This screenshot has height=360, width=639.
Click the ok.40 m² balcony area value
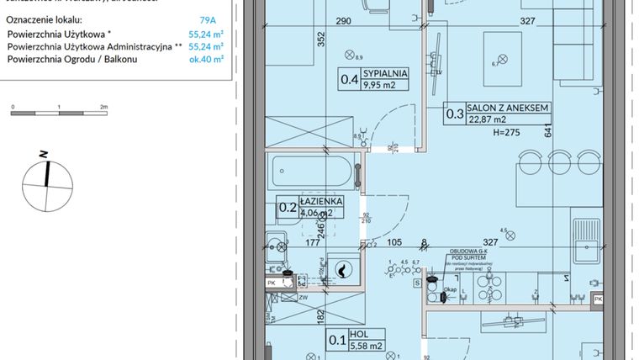206,60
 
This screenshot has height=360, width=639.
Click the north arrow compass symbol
46,177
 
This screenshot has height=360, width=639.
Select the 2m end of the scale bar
103,108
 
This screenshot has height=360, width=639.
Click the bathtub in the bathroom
313,172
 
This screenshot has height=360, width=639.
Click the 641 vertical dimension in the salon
547,131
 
